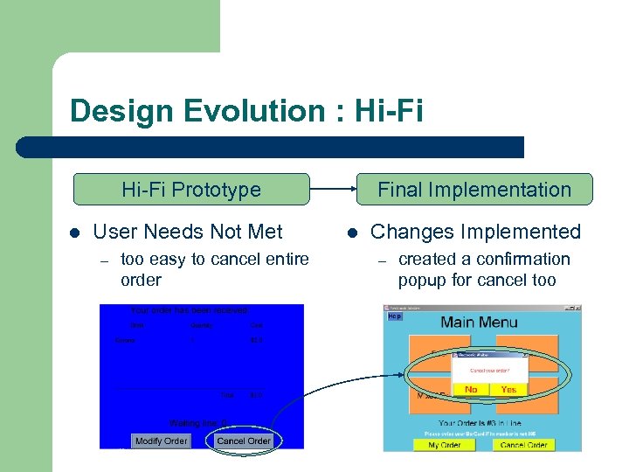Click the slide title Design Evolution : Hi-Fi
coord(245,111)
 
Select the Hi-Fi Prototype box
coord(190,189)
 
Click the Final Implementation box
coord(473,189)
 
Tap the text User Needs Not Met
coord(187,232)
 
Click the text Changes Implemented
coord(475,232)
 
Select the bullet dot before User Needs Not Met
coord(75,233)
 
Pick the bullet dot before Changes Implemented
coord(352,233)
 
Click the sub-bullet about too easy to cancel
coord(214,269)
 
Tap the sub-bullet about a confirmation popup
coord(484,269)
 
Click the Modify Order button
coord(161,441)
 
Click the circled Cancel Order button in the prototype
coord(244,441)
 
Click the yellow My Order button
coord(446,445)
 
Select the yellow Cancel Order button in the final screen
coord(524,445)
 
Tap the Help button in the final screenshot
coord(395,316)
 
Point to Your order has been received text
coord(189,310)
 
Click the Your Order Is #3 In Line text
coord(480,424)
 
